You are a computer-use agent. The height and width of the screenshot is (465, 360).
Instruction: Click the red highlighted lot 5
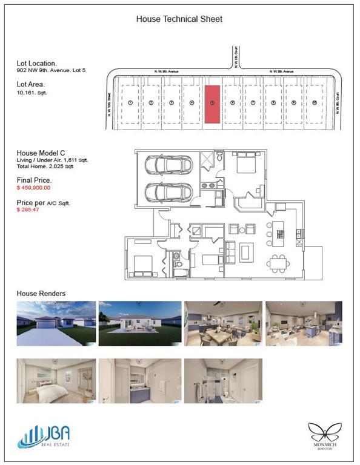tap(212, 103)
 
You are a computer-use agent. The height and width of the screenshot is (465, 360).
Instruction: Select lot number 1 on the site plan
tap(130, 103)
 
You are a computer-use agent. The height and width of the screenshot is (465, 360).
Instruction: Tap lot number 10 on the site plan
tap(315, 103)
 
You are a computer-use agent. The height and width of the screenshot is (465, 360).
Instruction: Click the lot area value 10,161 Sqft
tap(32, 93)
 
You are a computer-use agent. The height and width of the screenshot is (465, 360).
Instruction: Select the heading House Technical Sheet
tap(179, 19)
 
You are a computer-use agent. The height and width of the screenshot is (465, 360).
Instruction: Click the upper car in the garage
tap(168, 165)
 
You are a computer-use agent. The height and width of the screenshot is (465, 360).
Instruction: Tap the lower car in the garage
tap(168, 194)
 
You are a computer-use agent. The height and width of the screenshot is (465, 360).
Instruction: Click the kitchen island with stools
tap(279, 233)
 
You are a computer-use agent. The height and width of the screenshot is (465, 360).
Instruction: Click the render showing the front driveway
tap(56, 323)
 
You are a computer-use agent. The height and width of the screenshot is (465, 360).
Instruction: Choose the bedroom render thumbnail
tap(56, 380)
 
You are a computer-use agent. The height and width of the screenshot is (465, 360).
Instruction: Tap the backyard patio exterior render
tap(140, 323)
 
